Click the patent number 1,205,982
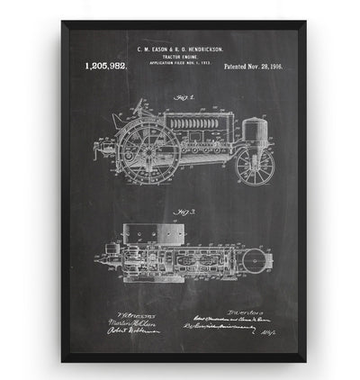[x=106, y=66]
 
